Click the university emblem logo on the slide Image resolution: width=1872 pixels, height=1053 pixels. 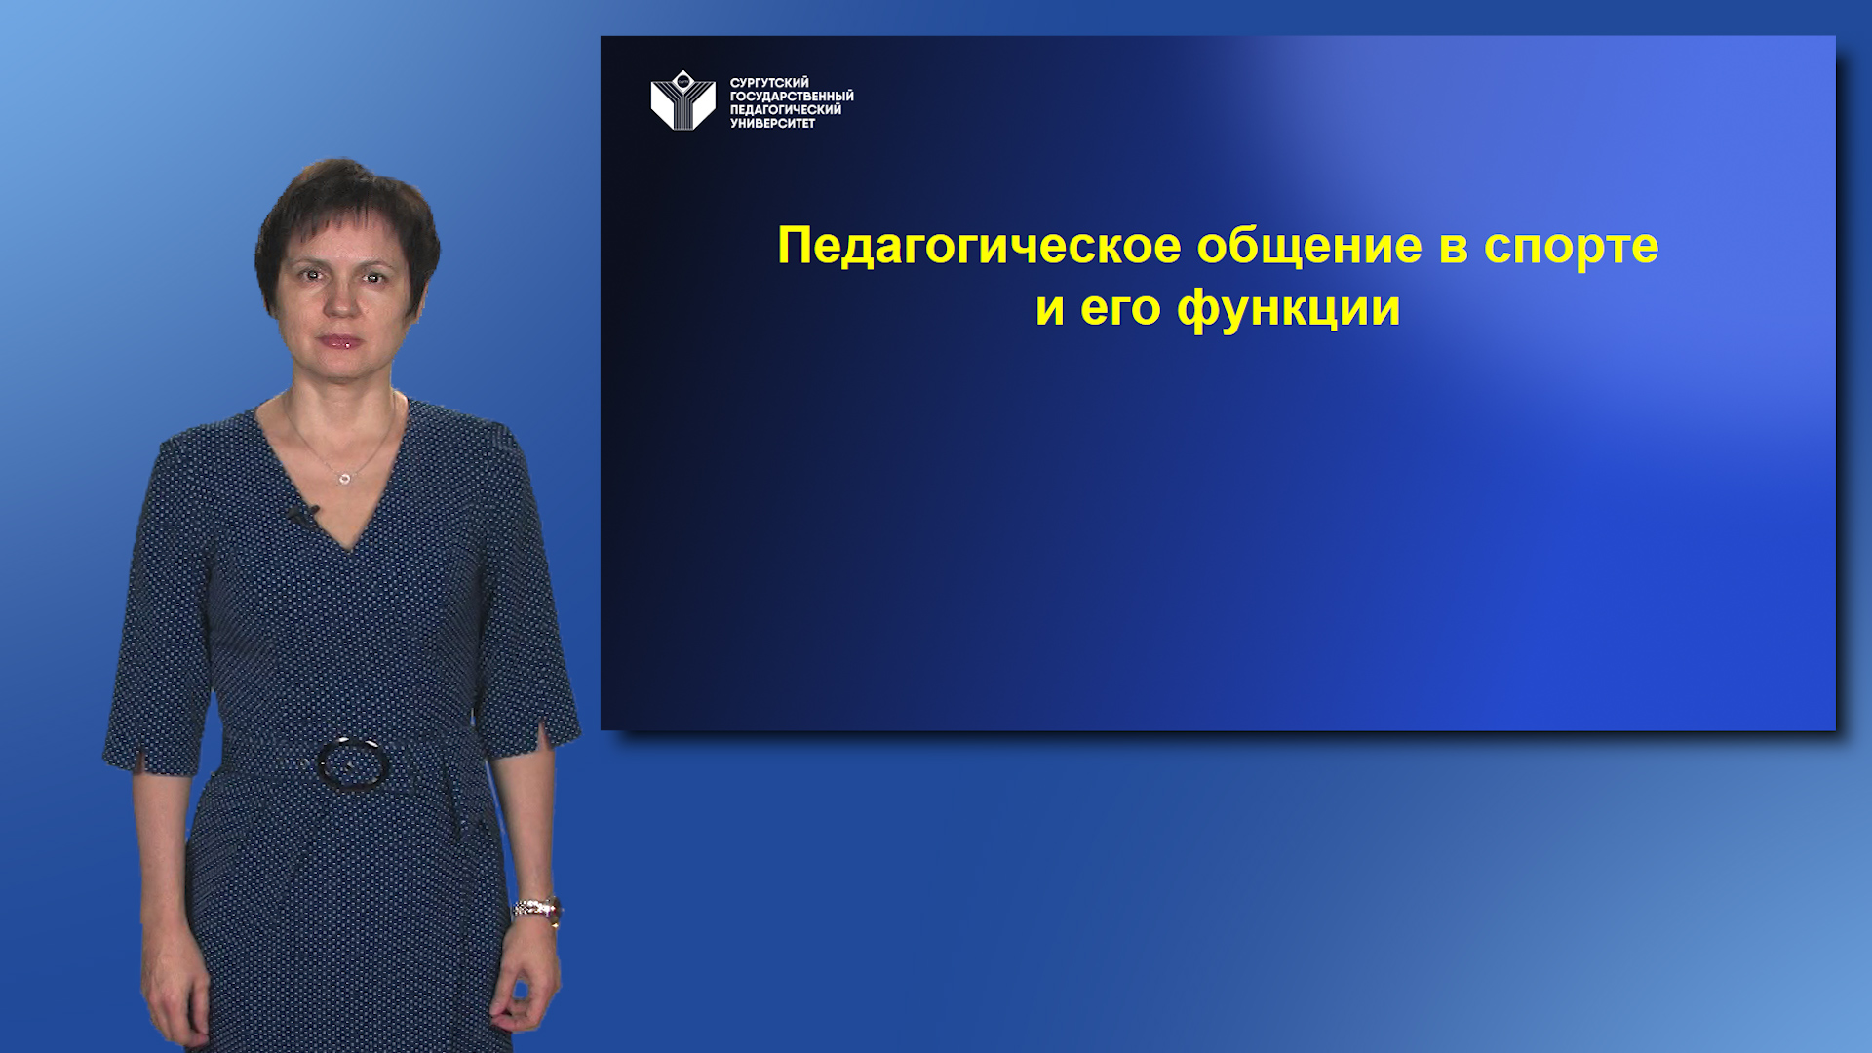click(x=682, y=100)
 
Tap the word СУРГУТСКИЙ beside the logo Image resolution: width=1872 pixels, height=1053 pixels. click(x=769, y=83)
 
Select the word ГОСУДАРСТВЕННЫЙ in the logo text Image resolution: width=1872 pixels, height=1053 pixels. click(x=792, y=97)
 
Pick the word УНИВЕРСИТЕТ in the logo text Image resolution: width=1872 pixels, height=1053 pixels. click(x=772, y=124)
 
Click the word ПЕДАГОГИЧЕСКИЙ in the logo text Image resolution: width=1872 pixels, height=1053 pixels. click(x=785, y=110)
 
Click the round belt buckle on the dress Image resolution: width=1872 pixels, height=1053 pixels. click(x=352, y=763)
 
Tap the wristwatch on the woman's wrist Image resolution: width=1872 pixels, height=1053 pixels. click(x=537, y=909)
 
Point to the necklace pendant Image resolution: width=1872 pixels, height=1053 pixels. click(x=344, y=479)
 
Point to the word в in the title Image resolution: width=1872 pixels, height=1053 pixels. click(x=1452, y=246)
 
